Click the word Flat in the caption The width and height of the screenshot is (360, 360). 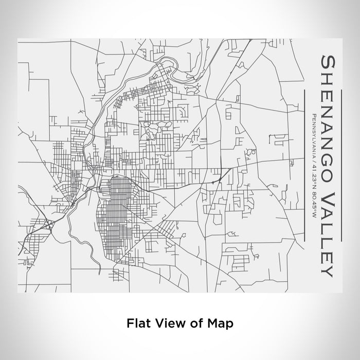[x=136, y=323]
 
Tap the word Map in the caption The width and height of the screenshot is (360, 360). [x=220, y=323]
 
